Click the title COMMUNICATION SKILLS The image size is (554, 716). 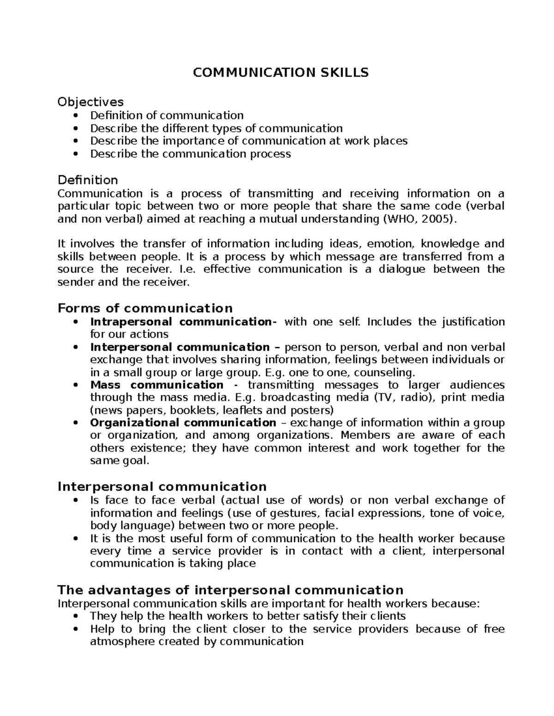point(281,72)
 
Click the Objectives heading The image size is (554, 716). point(90,101)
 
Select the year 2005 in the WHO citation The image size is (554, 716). point(437,219)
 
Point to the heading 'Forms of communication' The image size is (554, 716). point(145,308)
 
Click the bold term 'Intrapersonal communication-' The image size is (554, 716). point(184,321)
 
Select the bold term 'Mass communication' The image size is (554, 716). point(157,385)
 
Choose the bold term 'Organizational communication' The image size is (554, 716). point(183,423)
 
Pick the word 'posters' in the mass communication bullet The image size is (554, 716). point(311,410)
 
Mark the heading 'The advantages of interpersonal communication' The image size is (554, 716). point(230,590)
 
